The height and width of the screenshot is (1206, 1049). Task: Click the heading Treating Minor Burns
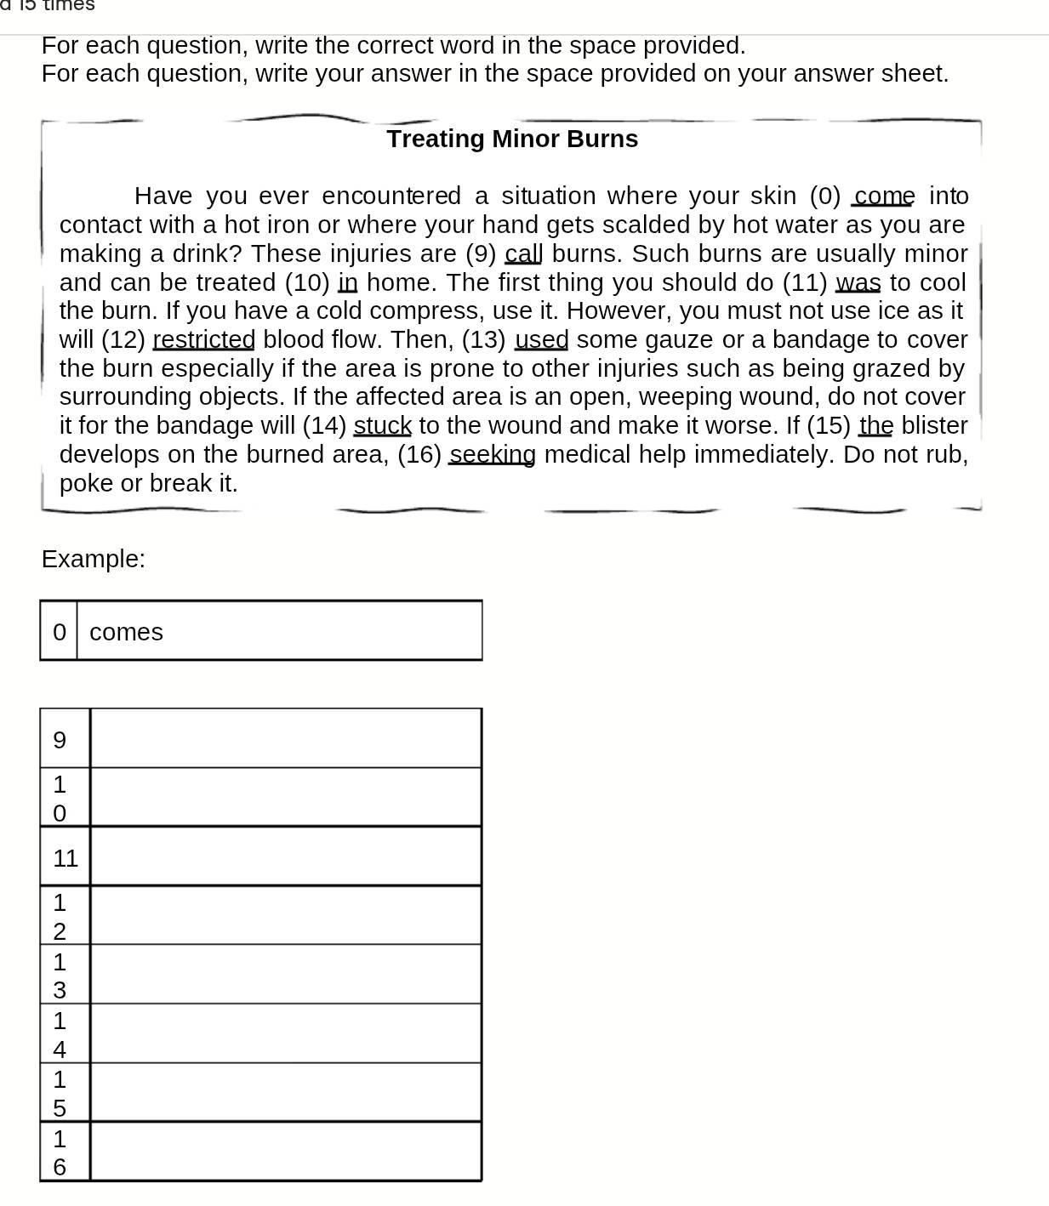(x=512, y=139)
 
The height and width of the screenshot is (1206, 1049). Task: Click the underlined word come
(x=884, y=196)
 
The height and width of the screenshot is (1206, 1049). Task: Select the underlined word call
(x=523, y=254)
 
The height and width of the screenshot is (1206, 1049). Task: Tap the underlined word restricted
(x=203, y=340)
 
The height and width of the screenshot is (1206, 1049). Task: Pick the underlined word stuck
(x=382, y=425)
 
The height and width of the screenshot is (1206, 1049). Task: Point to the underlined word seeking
(x=492, y=455)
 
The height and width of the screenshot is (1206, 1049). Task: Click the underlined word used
(x=541, y=340)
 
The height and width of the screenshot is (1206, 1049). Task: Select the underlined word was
(x=858, y=282)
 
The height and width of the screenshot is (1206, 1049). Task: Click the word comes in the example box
(x=126, y=632)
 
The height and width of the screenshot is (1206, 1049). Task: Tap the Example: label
(x=94, y=559)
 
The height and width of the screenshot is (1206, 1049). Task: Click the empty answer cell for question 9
(x=285, y=738)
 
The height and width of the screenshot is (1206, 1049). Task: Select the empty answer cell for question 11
(x=285, y=856)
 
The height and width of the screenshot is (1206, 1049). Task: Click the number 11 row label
(x=66, y=858)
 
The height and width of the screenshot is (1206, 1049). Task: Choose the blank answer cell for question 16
(x=285, y=1152)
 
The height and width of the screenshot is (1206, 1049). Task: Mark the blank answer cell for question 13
(x=285, y=975)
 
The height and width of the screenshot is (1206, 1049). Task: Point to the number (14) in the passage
(x=324, y=425)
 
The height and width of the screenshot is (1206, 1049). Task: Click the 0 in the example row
(x=59, y=632)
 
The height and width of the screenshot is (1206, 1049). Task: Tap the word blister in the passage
(x=934, y=425)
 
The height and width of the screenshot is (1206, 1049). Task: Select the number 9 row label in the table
(x=60, y=740)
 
